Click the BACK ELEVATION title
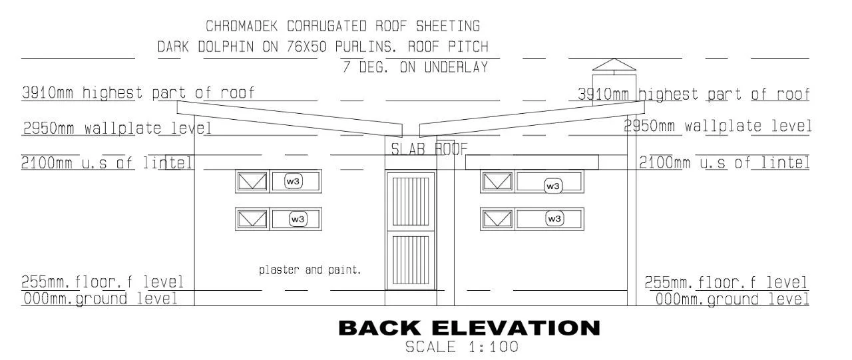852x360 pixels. (469, 328)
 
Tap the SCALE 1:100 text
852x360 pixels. (461, 347)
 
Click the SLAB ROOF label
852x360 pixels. (429, 150)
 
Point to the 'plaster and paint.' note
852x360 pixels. (310, 270)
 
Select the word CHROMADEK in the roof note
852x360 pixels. (242, 26)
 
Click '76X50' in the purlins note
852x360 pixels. (307, 47)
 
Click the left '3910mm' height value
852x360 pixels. (47, 92)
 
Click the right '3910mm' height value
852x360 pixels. (603, 94)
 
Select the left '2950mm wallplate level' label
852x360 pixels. (117, 128)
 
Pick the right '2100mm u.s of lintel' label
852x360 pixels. (724, 163)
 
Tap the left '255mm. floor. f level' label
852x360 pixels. (103, 282)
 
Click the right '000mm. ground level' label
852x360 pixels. (732, 299)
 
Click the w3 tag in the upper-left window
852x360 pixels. (293, 181)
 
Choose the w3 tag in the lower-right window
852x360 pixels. (554, 218)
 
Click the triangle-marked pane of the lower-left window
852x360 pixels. (252, 220)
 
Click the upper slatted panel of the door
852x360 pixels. (411, 202)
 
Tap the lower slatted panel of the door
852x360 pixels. (411, 260)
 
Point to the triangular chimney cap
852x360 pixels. (614, 65)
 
